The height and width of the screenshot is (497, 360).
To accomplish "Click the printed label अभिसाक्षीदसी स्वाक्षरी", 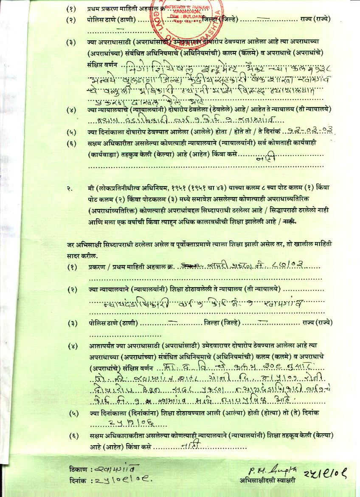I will [267, 481].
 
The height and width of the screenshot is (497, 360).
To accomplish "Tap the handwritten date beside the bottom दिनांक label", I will [123, 481].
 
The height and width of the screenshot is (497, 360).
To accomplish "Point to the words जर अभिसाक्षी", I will [85, 245].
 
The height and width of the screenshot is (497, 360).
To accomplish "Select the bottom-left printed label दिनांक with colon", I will [80, 481].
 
